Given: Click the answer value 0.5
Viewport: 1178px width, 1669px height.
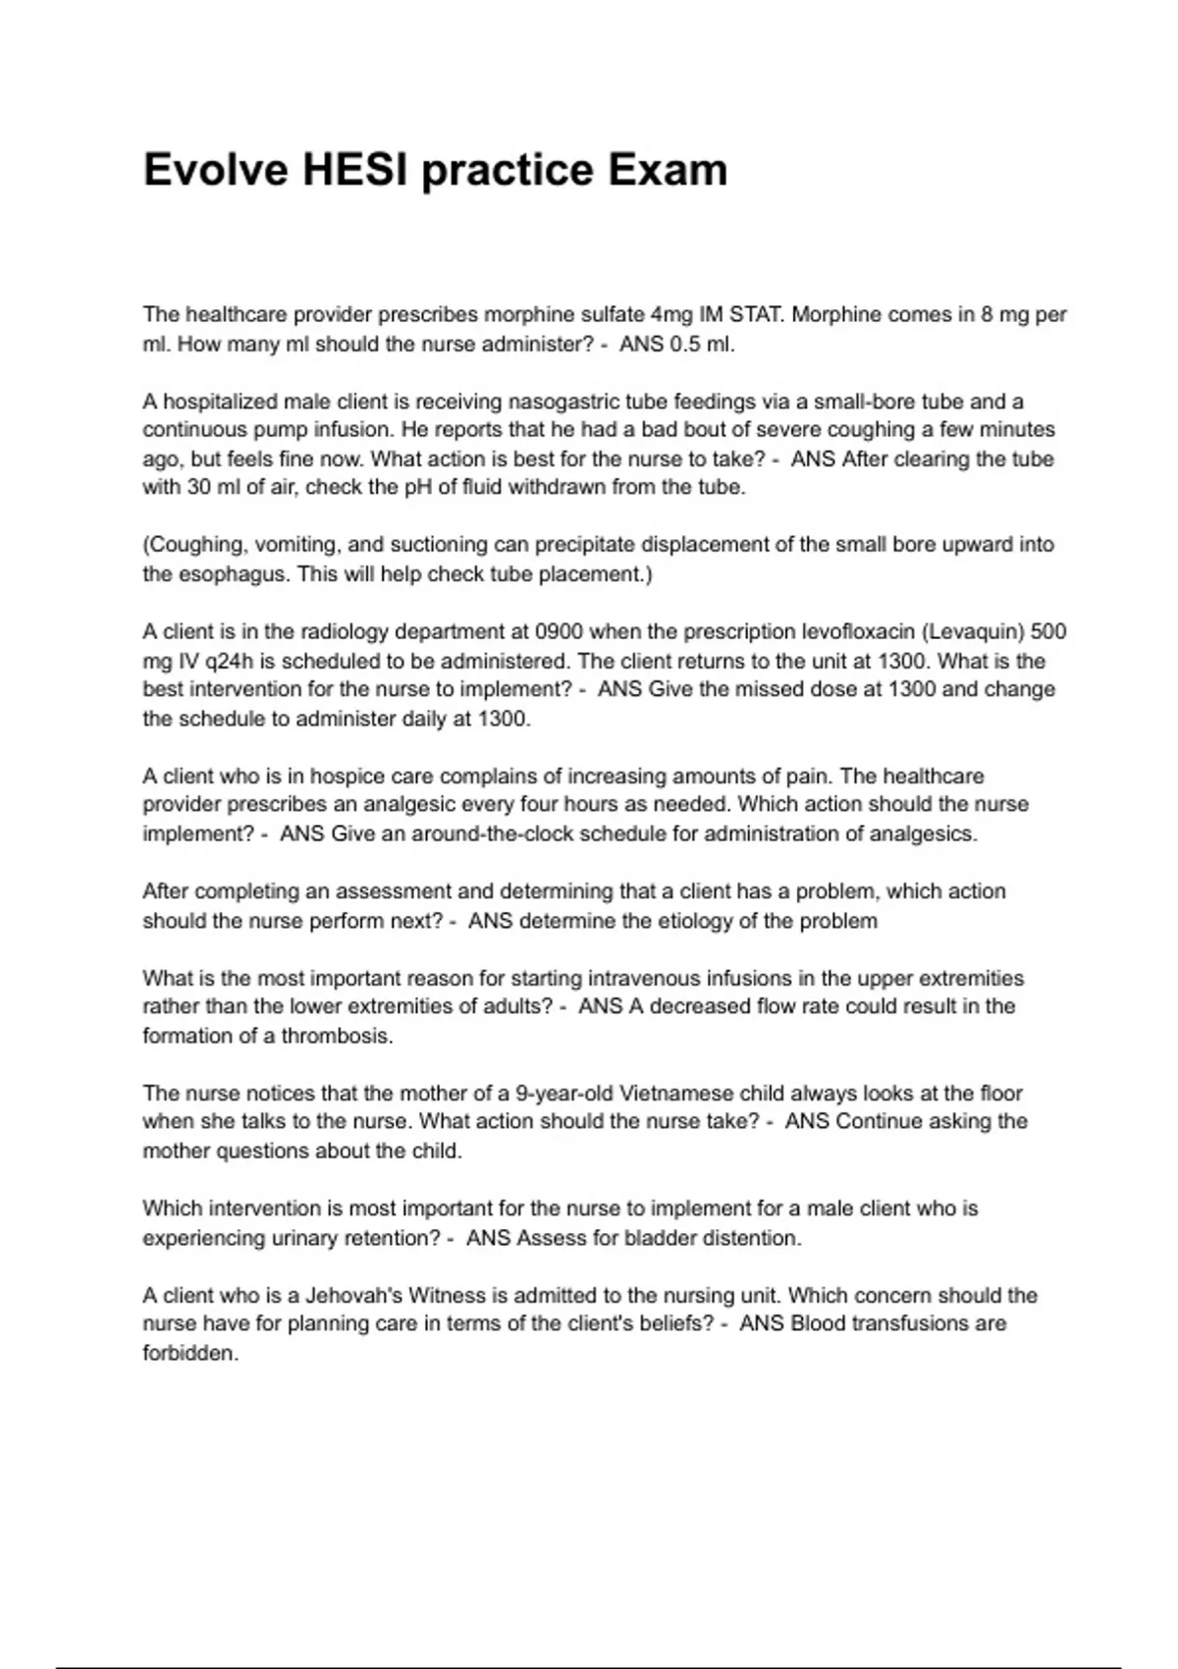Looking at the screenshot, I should click(x=686, y=345).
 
